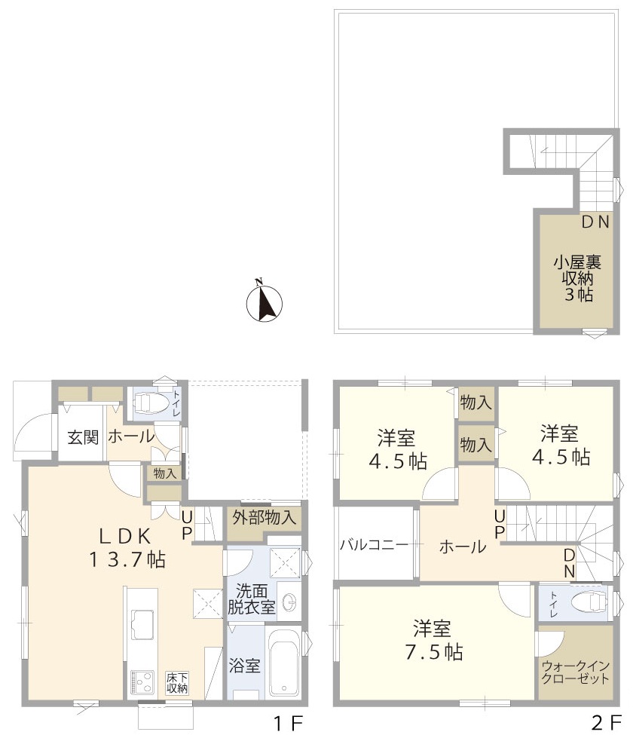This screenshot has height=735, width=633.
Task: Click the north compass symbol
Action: pos(265,303)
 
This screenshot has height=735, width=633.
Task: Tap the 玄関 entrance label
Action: pos(83,437)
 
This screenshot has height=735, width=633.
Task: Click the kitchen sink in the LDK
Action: pos(142,625)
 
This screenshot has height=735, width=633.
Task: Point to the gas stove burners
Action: pos(142,682)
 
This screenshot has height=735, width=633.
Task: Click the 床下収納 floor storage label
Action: pos(177,683)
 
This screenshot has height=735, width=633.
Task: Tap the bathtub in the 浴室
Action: pos(285,665)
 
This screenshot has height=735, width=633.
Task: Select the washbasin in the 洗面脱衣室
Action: pos(289,601)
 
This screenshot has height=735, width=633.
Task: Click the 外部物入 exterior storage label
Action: pos(265,517)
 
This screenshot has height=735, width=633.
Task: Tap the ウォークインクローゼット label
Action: pos(576,672)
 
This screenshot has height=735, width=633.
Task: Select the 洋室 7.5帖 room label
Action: pos(433,640)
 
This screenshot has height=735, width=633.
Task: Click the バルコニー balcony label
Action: pos(375,545)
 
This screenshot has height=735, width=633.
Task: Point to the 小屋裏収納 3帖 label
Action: pos(577,278)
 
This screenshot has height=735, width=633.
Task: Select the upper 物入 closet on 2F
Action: pos(476,403)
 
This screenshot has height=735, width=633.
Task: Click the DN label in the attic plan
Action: pos(595,222)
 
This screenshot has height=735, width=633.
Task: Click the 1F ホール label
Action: pos(131,436)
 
